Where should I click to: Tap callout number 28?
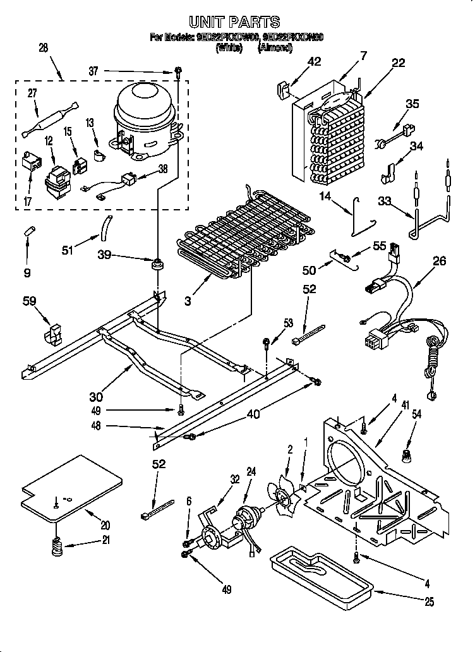coord(44,47)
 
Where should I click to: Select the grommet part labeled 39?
coord(155,263)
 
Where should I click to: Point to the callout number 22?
coord(398,63)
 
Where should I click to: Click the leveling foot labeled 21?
coord(57,547)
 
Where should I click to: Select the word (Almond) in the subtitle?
coord(275,47)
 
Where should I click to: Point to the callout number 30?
coord(95,397)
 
